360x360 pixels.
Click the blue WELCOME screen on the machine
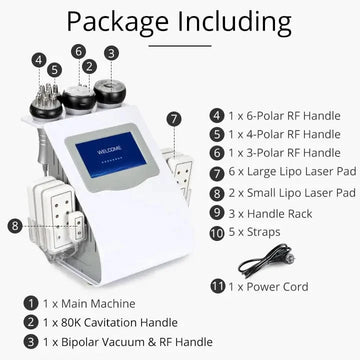[111, 154]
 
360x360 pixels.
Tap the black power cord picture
[266, 261]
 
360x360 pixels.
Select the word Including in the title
[235, 22]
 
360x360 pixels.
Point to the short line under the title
[180, 46]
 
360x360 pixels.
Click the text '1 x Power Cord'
[268, 287]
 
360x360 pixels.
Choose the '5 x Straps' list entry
[254, 232]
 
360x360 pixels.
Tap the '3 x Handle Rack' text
[270, 213]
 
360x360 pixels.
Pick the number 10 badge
[217, 233]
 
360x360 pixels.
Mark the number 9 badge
[217, 213]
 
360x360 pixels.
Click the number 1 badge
[31, 304]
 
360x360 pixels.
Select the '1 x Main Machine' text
[89, 304]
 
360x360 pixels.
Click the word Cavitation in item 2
[110, 323]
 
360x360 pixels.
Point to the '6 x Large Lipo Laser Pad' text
[292, 172]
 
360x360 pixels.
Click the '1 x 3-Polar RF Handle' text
[284, 153]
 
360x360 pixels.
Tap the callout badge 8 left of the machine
[15, 226]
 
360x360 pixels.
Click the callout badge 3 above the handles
[111, 53]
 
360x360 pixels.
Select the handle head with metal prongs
[46, 102]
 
